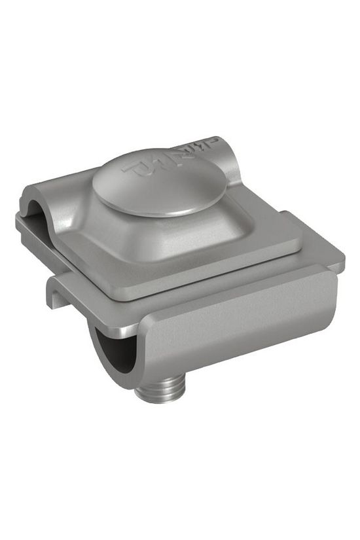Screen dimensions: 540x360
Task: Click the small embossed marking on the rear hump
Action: [209, 143]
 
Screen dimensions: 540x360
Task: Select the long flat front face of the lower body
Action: [242, 324]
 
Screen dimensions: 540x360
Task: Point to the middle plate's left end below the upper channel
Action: [29, 226]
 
